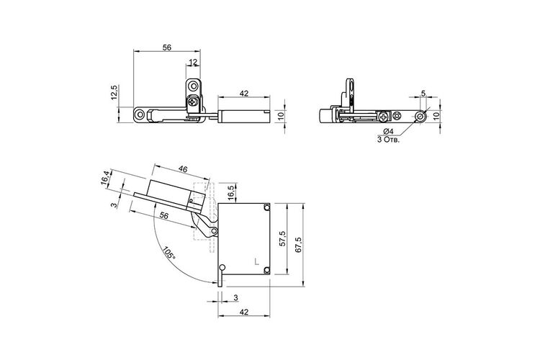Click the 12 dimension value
point(193,62)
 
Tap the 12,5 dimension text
point(114,92)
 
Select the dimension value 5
point(423,93)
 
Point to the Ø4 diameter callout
point(388,131)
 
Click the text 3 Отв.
point(389,140)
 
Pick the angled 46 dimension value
point(183,169)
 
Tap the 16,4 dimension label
point(106,178)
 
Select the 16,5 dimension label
point(231,192)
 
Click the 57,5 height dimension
point(282,238)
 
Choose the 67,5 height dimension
point(299,245)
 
